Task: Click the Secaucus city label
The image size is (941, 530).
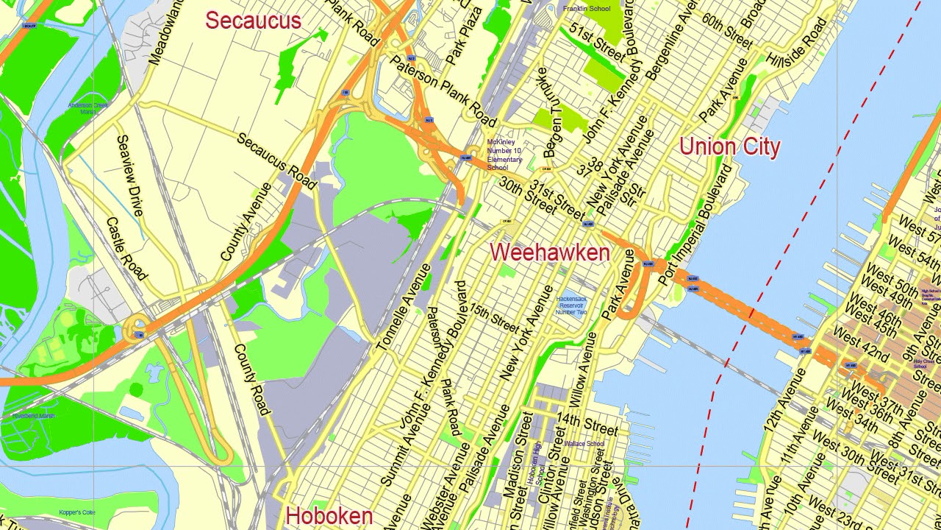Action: click(x=253, y=21)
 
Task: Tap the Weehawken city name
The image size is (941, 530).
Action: click(x=550, y=252)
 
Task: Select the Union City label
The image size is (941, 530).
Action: click(x=729, y=146)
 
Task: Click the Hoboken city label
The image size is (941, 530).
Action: click(x=329, y=516)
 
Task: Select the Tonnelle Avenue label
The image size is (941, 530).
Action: click(x=403, y=307)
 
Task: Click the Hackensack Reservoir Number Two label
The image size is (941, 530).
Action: click(x=571, y=305)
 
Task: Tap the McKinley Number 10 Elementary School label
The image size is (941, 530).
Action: click(x=504, y=155)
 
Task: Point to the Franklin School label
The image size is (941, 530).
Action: click(x=587, y=9)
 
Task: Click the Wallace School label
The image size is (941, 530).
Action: click(x=584, y=444)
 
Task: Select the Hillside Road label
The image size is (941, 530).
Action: click(x=796, y=42)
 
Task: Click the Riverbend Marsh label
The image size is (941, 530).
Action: click(x=33, y=416)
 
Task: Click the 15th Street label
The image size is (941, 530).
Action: click(x=494, y=318)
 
